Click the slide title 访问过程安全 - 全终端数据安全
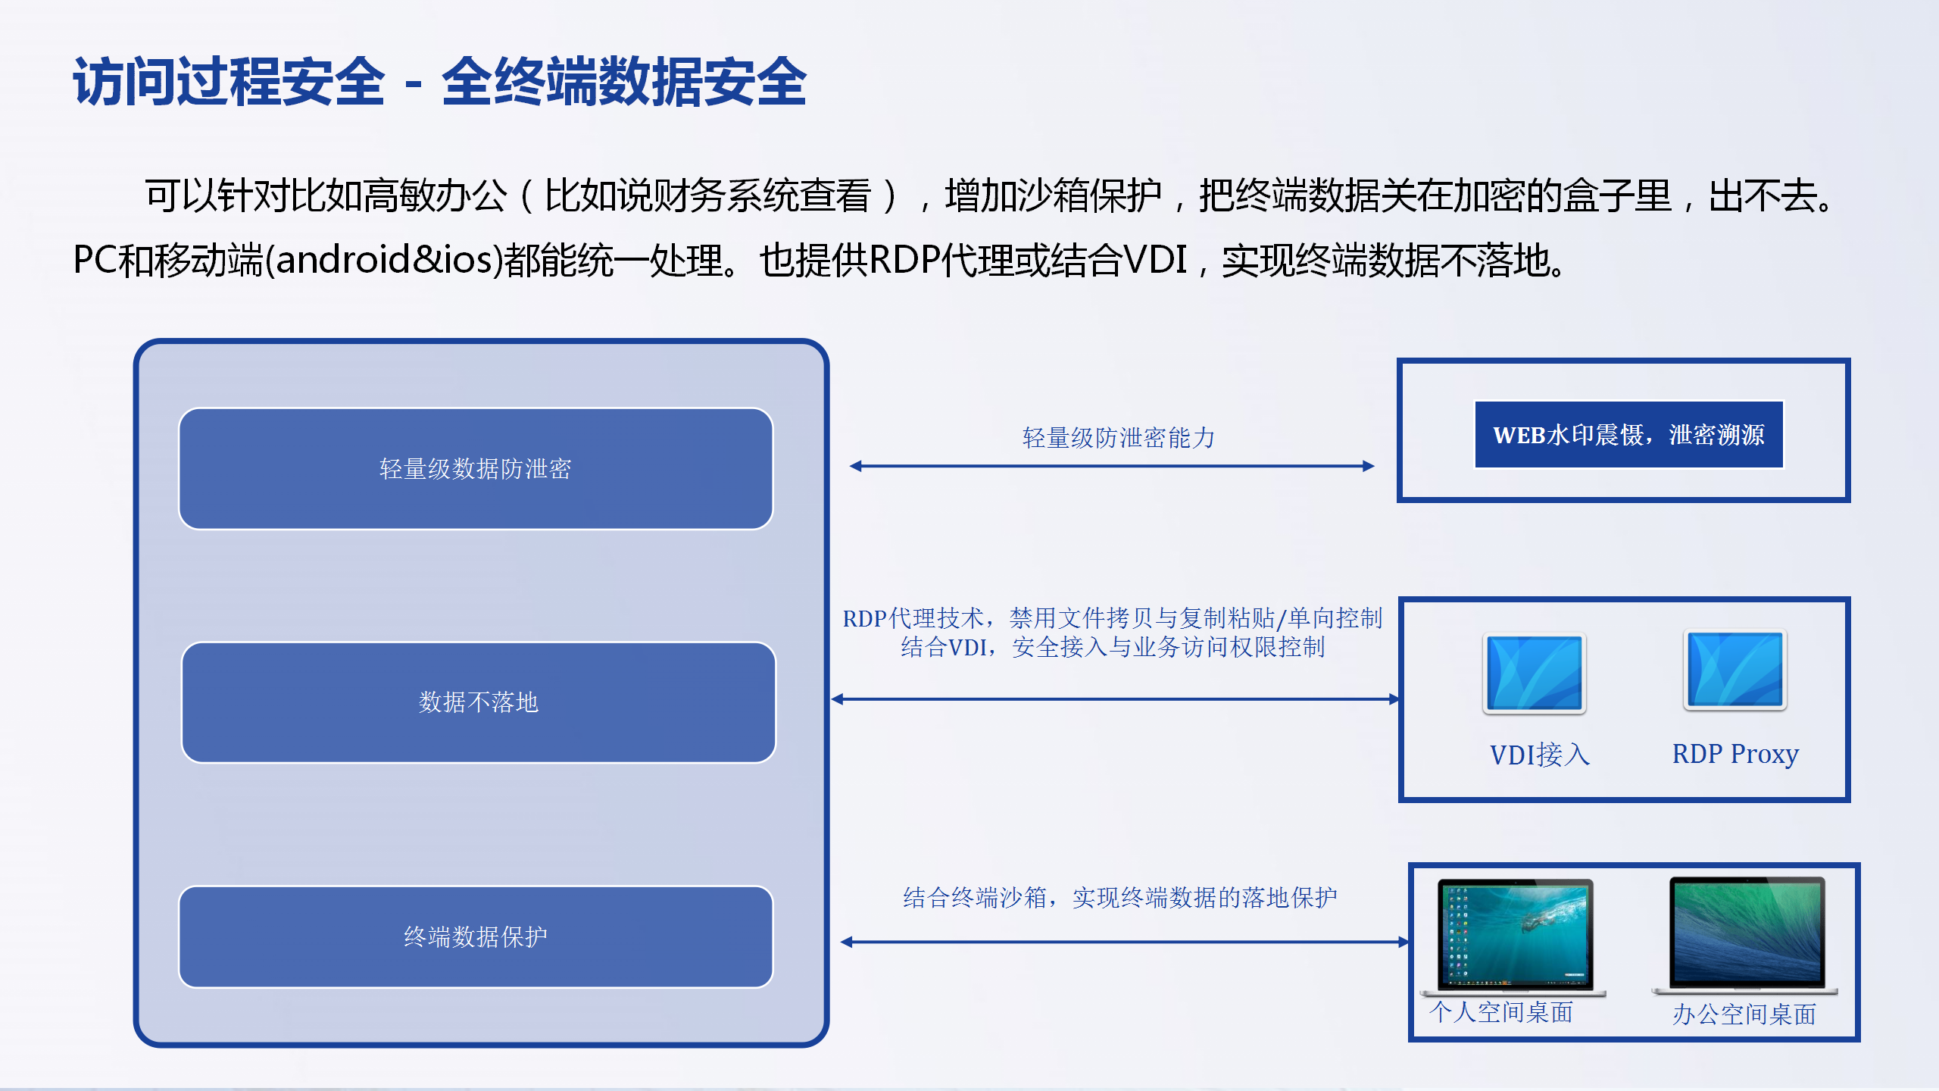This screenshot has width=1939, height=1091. point(439,82)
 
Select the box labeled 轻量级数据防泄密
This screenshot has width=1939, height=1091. point(476,469)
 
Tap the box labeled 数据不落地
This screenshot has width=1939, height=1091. point(479,702)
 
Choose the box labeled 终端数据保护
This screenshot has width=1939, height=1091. point(476,937)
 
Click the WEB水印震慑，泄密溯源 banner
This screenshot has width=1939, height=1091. point(1628,435)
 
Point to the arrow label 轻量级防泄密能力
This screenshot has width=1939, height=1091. point(1119,438)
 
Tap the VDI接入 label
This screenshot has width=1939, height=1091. point(1540,755)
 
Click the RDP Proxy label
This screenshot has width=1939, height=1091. point(1735,755)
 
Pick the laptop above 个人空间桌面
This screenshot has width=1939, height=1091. point(1513,937)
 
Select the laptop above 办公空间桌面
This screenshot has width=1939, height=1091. point(1745,936)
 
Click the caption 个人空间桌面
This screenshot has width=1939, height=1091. point(1501,1012)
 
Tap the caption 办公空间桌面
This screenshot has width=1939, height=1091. point(1744,1014)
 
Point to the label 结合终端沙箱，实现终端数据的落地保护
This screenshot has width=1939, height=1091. point(1120,898)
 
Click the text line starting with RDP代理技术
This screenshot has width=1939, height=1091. point(1113,618)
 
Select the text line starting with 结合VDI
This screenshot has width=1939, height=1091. point(1113,647)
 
